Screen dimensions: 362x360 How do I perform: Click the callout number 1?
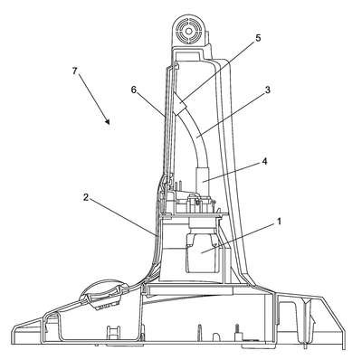(279, 221)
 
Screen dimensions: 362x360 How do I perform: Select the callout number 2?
(86, 197)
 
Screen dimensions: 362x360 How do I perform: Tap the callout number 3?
(267, 90)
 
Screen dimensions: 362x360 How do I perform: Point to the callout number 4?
(264, 161)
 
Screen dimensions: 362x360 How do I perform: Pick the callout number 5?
(258, 38)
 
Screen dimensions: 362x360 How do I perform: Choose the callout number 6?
(134, 90)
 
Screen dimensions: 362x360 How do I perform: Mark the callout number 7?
(75, 71)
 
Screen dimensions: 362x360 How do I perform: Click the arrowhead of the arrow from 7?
(107, 121)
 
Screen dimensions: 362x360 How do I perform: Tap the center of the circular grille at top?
(189, 31)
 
